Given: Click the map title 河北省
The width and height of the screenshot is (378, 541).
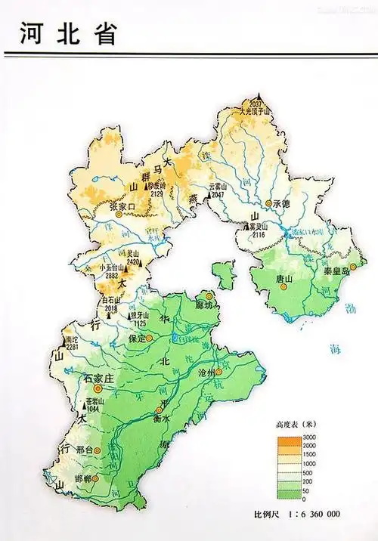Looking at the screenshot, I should [x=67, y=32].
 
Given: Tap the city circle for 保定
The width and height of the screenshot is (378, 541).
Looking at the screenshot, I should [x=149, y=338].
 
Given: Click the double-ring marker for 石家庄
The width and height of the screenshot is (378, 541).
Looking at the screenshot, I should [x=97, y=388].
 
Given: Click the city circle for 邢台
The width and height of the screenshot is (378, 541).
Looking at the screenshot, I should [x=98, y=450].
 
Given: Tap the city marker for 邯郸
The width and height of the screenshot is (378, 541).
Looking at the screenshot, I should [x=95, y=478].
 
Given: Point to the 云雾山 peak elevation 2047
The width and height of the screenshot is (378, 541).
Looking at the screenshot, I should [x=218, y=195].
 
